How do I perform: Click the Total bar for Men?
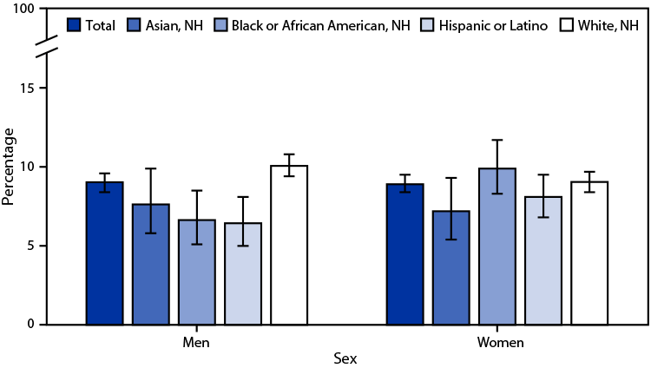click(104, 253)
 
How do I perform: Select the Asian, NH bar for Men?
click(151, 265)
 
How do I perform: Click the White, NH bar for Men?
click(289, 245)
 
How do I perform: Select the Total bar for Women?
click(405, 254)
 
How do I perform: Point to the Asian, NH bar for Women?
click(451, 267)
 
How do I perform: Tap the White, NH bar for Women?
click(589, 253)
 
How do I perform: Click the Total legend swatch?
click(75, 24)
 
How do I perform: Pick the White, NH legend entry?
click(599, 24)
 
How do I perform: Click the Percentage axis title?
click(10, 167)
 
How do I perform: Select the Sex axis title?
click(346, 358)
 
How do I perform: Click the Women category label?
click(500, 342)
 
